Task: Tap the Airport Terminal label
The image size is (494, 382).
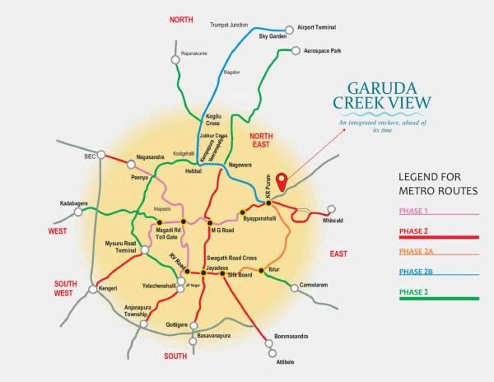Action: pos(320,26)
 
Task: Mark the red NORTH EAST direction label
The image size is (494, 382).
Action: pos(262,141)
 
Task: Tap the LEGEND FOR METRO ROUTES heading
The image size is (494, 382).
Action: pos(438,184)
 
